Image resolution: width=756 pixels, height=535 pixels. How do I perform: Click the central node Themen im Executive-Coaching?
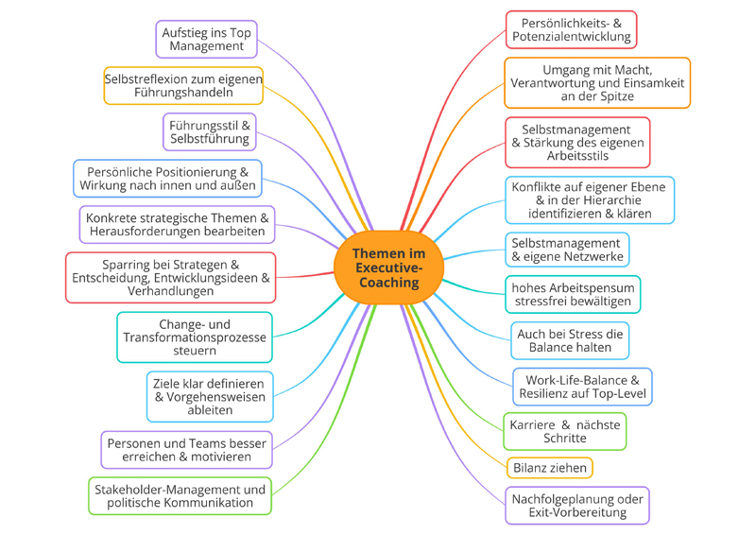[388, 267]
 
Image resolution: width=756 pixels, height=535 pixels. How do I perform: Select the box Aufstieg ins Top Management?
[206, 39]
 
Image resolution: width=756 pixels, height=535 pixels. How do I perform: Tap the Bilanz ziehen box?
[550, 468]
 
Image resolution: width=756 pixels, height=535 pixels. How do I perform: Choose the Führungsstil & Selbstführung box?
[209, 132]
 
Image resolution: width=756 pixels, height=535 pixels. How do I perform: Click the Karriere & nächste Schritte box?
[564, 431]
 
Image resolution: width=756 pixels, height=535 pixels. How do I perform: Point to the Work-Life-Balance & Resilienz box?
[582, 387]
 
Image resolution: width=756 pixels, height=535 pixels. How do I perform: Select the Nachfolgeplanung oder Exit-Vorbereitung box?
[577, 506]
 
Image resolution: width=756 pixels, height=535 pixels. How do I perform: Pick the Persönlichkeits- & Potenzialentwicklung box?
[572, 29]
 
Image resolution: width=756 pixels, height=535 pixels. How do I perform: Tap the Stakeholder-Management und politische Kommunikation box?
[180, 496]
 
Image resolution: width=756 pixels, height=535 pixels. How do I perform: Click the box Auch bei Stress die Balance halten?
[570, 340]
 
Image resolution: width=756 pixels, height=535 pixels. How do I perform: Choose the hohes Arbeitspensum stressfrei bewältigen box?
[573, 294]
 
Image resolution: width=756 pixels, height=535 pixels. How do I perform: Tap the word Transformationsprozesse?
[195, 337]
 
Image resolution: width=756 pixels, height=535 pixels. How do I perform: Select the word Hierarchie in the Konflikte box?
[612, 200]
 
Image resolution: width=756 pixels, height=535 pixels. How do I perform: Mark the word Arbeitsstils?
[577, 156]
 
